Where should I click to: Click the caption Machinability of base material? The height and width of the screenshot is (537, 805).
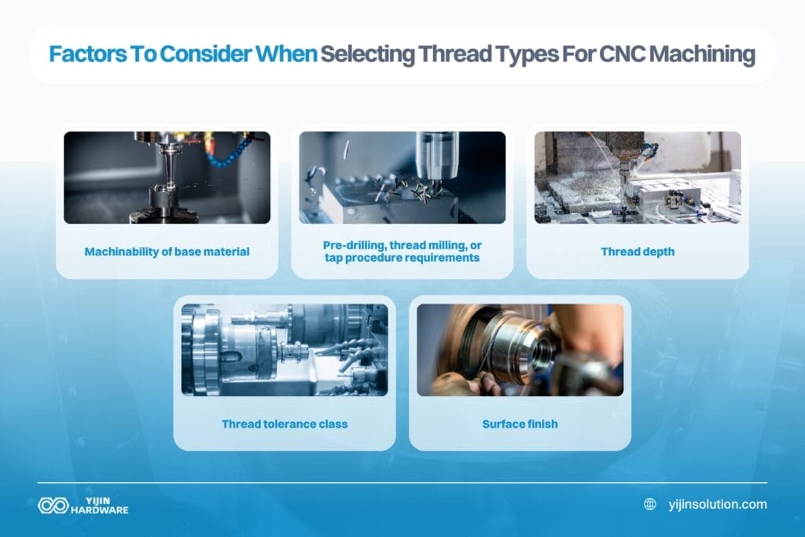coord(167,252)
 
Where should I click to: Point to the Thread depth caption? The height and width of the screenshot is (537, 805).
coord(638,252)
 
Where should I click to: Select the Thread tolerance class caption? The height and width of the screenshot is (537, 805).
coord(285,424)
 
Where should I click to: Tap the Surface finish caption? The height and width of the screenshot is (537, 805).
coord(520,424)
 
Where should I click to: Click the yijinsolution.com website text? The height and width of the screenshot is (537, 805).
coord(715,504)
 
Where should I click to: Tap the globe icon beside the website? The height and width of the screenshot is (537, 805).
coord(650,504)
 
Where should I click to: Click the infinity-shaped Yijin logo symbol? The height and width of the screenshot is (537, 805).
coord(53,505)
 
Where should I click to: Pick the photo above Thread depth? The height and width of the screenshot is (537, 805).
coord(638,178)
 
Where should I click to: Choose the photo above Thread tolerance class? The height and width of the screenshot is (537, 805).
coord(285,350)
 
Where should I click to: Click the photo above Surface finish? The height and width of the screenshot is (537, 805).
coord(520,350)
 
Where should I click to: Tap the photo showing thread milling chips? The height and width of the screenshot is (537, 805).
coord(402,178)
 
